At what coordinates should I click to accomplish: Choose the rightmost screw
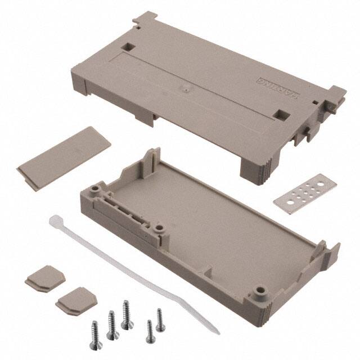tap(160, 319)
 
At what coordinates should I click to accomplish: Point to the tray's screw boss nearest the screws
tap(259, 291)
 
